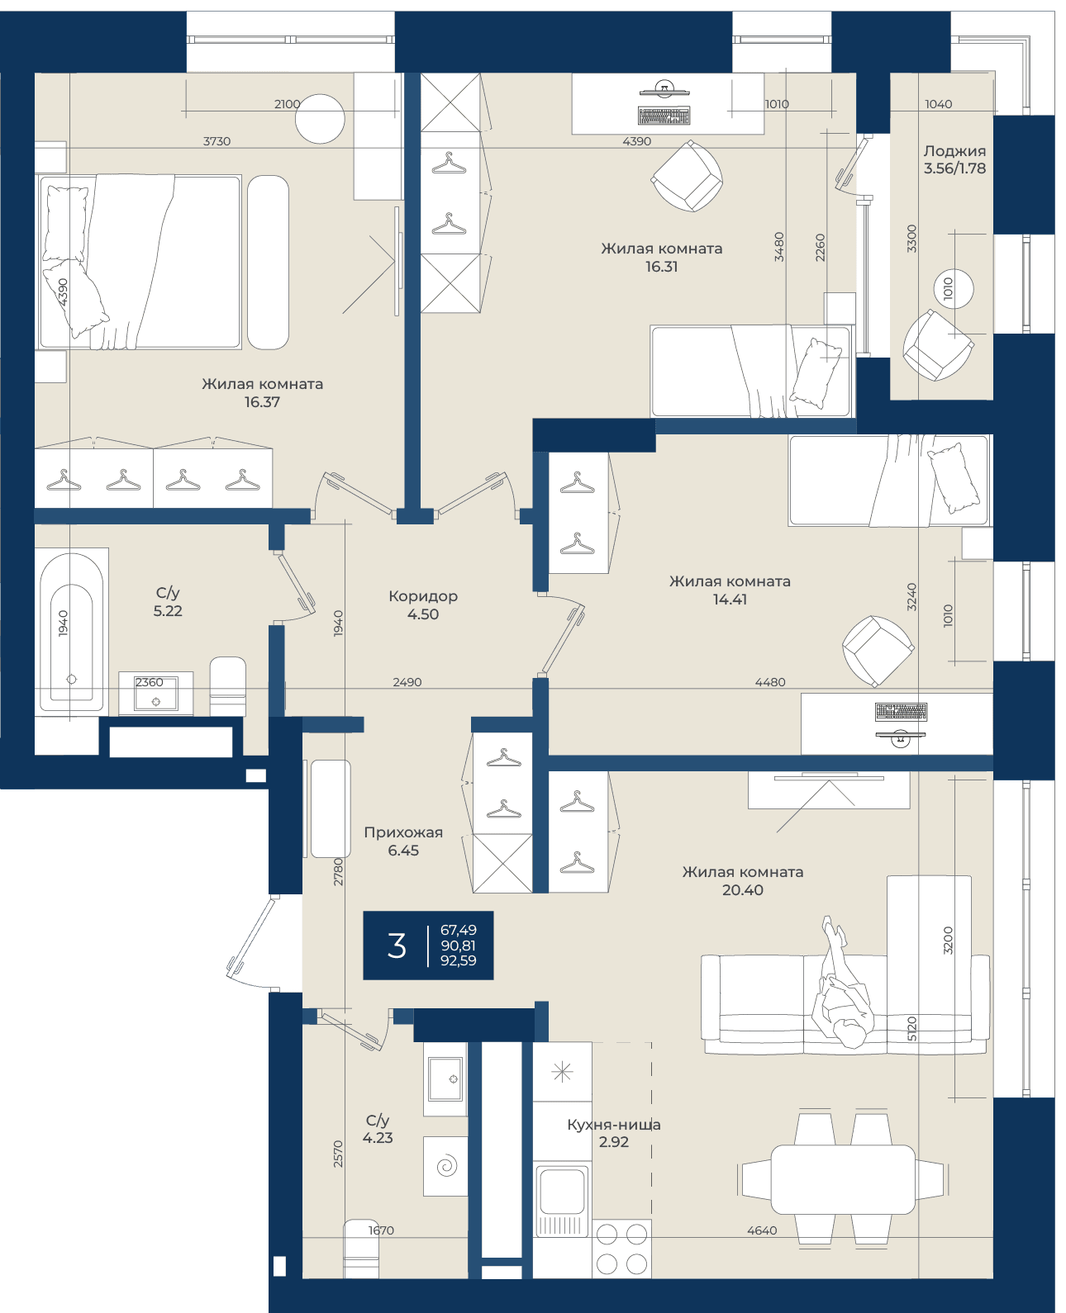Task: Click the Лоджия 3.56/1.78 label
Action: click(954, 159)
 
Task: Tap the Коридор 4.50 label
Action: click(423, 604)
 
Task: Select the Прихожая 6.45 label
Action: click(403, 841)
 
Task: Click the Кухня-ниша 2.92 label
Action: click(614, 1133)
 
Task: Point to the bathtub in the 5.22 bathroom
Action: click(72, 630)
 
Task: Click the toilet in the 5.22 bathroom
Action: click(227, 686)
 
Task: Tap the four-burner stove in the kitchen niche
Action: click(621, 1249)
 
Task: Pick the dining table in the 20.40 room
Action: click(843, 1179)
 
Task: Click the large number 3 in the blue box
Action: click(397, 946)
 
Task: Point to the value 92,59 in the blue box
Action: click(459, 960)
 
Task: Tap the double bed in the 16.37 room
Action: click(140, 262)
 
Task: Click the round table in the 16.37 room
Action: click(320, 119)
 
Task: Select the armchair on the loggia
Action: click(938, 344)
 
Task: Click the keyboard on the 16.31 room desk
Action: click(664, 116)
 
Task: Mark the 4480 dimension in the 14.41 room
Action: click(770, 682)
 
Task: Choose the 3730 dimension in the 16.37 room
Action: click(217, 141)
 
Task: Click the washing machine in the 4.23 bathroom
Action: click(445, 1166)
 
